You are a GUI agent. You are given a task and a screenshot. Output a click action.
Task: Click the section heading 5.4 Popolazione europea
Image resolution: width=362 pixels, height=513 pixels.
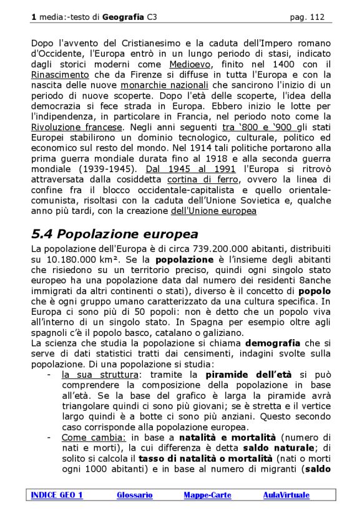click(115, 234)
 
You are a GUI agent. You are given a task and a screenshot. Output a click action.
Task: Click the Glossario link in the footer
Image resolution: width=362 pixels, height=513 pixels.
click(134, 496)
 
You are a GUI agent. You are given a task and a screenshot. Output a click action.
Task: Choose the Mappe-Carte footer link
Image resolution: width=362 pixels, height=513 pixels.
click(207, 496)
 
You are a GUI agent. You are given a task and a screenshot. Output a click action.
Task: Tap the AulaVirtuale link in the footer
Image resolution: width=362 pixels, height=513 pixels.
click(286, 496)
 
